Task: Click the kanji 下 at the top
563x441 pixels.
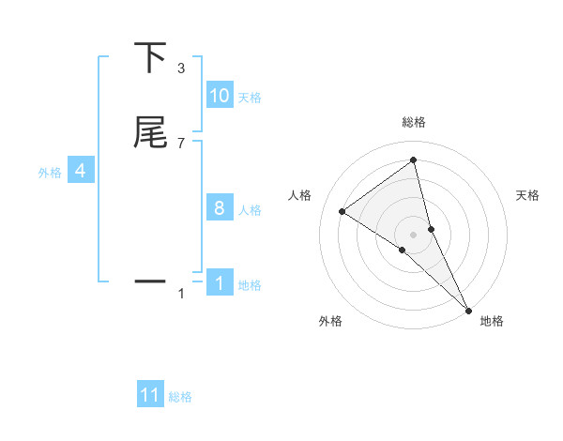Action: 150,58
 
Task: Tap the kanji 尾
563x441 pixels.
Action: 150,133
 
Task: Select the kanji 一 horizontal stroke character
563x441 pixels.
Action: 150,281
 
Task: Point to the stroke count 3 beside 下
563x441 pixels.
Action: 181,68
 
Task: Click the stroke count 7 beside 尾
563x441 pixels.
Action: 181,143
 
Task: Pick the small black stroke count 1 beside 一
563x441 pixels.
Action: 181,294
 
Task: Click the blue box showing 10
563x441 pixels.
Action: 220,96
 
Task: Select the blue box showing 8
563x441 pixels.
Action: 220,208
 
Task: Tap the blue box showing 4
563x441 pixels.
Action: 81,171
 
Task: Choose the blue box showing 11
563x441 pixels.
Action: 150,395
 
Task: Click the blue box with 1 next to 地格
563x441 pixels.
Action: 220,283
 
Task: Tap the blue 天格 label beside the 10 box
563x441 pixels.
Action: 250,98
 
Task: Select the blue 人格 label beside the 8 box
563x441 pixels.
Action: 250,210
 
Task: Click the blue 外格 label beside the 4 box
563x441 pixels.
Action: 50,173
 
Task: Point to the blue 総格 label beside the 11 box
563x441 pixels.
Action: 180,397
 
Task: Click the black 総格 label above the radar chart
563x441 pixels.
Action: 414,122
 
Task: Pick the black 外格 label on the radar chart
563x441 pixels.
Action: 330,322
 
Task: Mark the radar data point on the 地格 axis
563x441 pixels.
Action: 467,309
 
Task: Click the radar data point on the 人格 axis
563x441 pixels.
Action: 342,211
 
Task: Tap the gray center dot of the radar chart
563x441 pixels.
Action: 414,234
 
